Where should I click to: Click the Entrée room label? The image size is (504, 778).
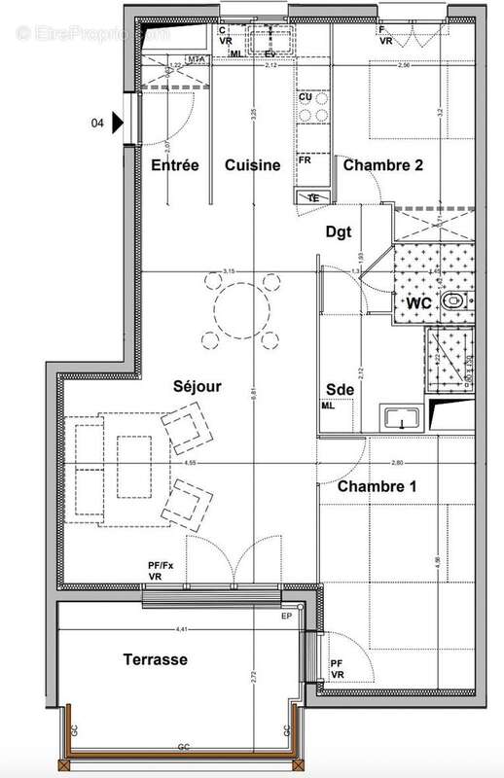(175, 165)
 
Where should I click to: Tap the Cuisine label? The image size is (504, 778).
(253, 165)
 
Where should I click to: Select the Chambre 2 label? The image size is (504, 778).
(382, 165)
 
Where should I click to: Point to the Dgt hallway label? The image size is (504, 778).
(339, 232)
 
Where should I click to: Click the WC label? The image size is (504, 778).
(419, 304)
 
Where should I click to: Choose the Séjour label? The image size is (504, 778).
(198, 386)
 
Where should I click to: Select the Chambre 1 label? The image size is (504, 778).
(377, 486)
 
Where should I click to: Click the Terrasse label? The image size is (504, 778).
(156, 659)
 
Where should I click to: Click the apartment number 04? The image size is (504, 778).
(97, 124)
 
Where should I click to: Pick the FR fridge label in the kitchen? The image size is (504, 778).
(305, 159)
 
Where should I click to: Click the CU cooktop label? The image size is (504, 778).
(305, 97)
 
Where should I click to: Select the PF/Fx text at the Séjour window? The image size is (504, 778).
(160, 564)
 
